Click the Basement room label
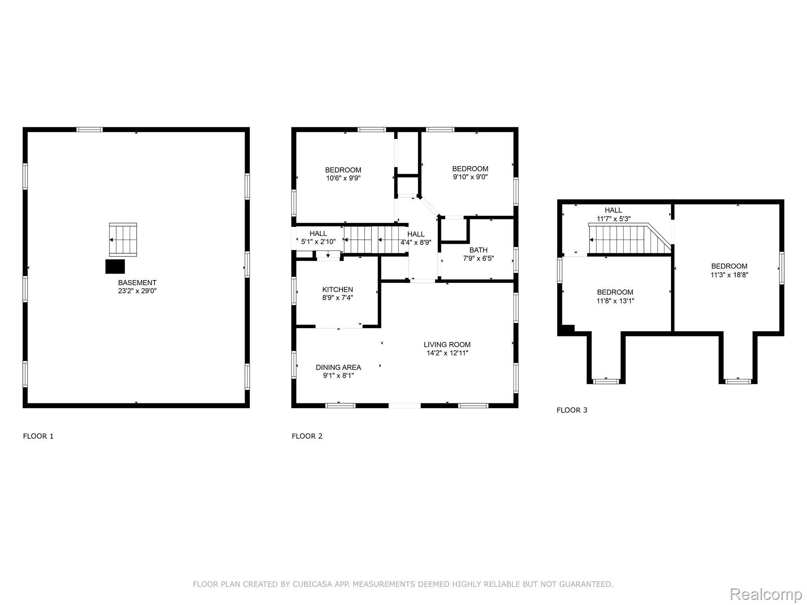coord(137,282)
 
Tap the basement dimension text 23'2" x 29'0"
coord(137,291)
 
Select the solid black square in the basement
coord(115,266)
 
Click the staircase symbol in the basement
coord(123,239)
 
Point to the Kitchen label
coord(338,290)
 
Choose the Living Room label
coord(447,345)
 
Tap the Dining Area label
coord(338,367)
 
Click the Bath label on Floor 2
coord(478,250)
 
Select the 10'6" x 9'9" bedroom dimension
coord(343,178)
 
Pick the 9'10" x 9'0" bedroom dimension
coord(470,177)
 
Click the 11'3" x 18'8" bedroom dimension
coord(729,275)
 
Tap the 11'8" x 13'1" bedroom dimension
coord(615,301)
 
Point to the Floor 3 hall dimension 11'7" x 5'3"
coord(614,219)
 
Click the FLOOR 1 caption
coord(38,436)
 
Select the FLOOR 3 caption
coord(572,410)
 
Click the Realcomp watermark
coord(766,594)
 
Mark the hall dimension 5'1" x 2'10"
coord(318,242)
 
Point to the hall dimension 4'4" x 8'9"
coord(416,243)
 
